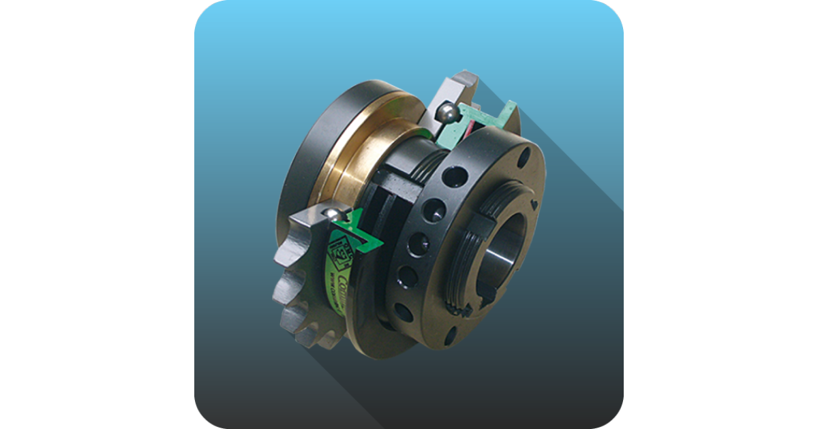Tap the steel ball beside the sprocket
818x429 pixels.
pos(333,215)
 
